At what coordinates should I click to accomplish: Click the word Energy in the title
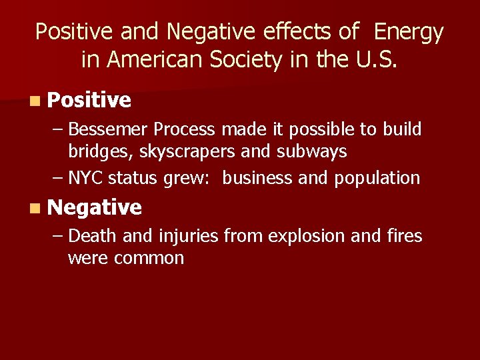click(409, 31)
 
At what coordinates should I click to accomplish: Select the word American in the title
click(153, 60)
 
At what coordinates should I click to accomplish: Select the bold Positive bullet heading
click(89, 100)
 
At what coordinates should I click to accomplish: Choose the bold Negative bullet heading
click(95, 207)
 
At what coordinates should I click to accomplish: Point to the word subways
click(313, 151)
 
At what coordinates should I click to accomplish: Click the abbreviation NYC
click(86, 178)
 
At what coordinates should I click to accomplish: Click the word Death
click(90, 235)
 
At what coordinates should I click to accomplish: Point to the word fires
click(405, 235)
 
